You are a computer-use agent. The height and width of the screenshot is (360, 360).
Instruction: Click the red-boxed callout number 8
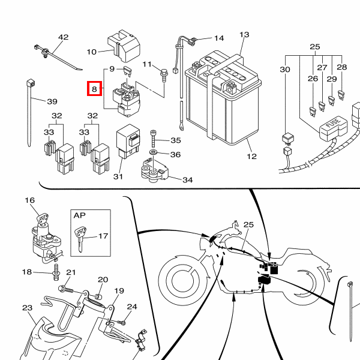pyautogui.click(x=94, y=89)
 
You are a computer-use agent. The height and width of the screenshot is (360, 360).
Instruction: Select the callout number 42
pyautogui.click(x=64, y=37)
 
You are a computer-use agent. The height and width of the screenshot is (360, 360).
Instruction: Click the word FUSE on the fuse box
pyautogui.click(x=334, y=123)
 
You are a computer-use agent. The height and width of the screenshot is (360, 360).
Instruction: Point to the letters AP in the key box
pyautogui.click(x=79, y=215)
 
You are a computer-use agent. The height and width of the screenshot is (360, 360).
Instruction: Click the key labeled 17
pyautogui.click(x=81, y=239)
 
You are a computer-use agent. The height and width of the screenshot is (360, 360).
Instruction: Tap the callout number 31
pyautogui.click(x=118, y=176)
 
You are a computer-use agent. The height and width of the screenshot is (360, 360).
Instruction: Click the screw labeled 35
pyautogui.click(x=153, y=139)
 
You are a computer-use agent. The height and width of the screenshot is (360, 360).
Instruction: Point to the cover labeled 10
pyautogui.click(x=124, y=46)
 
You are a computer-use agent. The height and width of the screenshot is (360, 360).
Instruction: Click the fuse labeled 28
pyautogui.click(x=341, y=95)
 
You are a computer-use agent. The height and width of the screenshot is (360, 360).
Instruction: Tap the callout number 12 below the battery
pyautogui.click(x=251, y=157)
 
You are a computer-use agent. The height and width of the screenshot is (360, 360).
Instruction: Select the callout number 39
pyautogui.click(x=52, y=101)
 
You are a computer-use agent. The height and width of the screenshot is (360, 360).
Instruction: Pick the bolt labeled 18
pyautogui.click(x=56, y=272)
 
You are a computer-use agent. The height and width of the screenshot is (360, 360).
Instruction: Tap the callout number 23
pyautogui.click(x=28, y=308)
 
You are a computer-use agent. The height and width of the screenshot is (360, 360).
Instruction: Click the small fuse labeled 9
pyautogui.click(x=127, y=71)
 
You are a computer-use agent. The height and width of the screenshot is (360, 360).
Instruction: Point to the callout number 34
pyautogui.click(x=188, y=180)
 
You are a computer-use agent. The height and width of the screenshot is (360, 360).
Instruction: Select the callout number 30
pyautogui.click(x=285, y=70)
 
